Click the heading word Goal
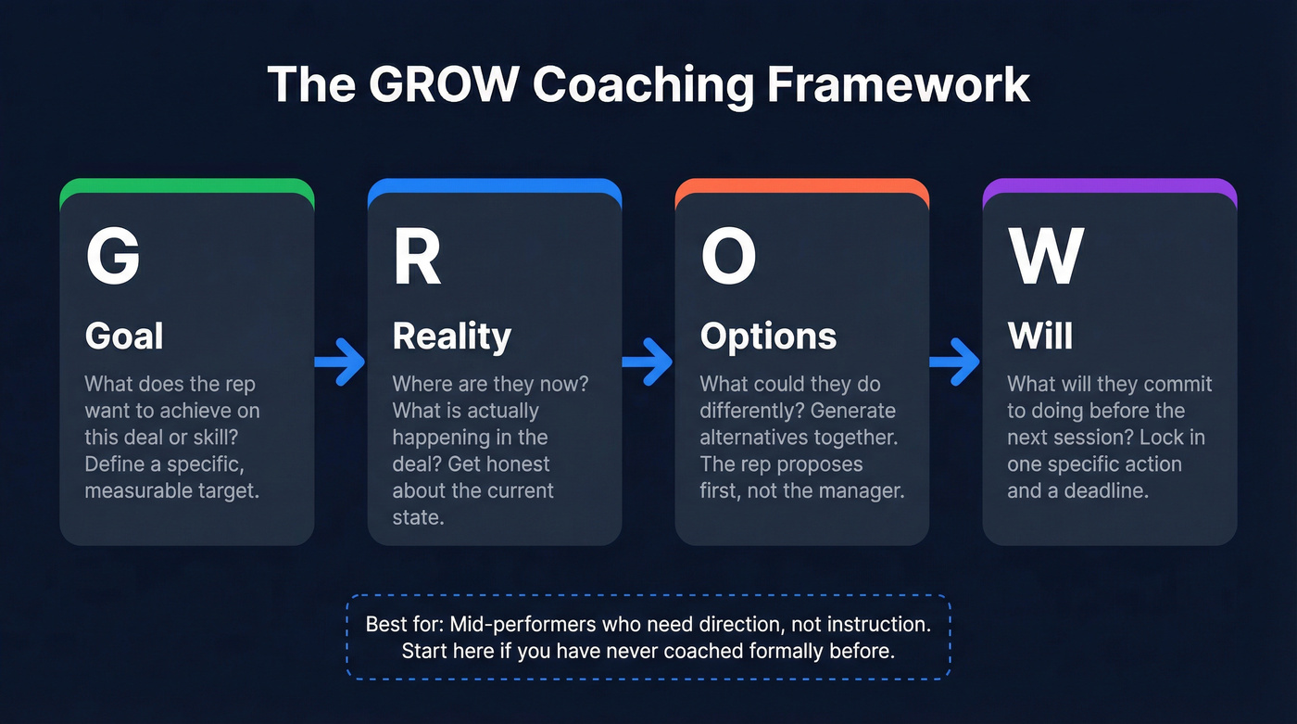point(124,336)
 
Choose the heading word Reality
point(451,336)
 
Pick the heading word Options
point(768,336)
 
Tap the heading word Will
point(1039,336)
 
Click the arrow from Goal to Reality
point(340,362)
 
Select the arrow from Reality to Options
point(648,362)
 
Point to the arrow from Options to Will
point(955,362)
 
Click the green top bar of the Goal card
point(186,185)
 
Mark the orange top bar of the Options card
point(801,185)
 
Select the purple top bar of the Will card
point(1109,185)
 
